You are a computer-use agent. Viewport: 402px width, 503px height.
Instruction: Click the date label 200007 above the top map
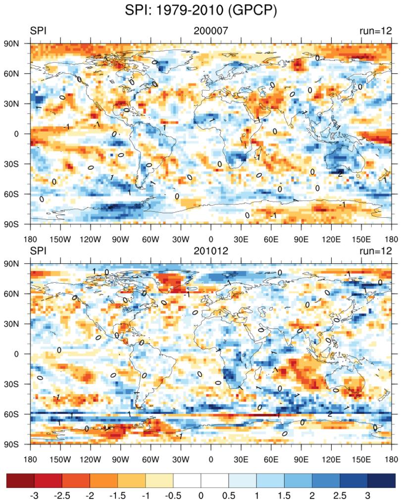(x=210, y=31)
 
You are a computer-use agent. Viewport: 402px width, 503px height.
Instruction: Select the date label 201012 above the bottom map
(x=210, y=251)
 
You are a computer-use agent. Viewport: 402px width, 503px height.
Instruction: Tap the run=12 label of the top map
(x=375, y=31)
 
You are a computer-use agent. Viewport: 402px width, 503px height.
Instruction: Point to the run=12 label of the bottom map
(x=375, y=251)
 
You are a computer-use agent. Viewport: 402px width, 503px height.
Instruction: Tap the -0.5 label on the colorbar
(x=173, y=496)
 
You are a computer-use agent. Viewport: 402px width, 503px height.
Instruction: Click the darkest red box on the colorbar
(x=20, y=480)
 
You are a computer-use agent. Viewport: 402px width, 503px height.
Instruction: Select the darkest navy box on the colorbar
(x=382, y=480)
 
